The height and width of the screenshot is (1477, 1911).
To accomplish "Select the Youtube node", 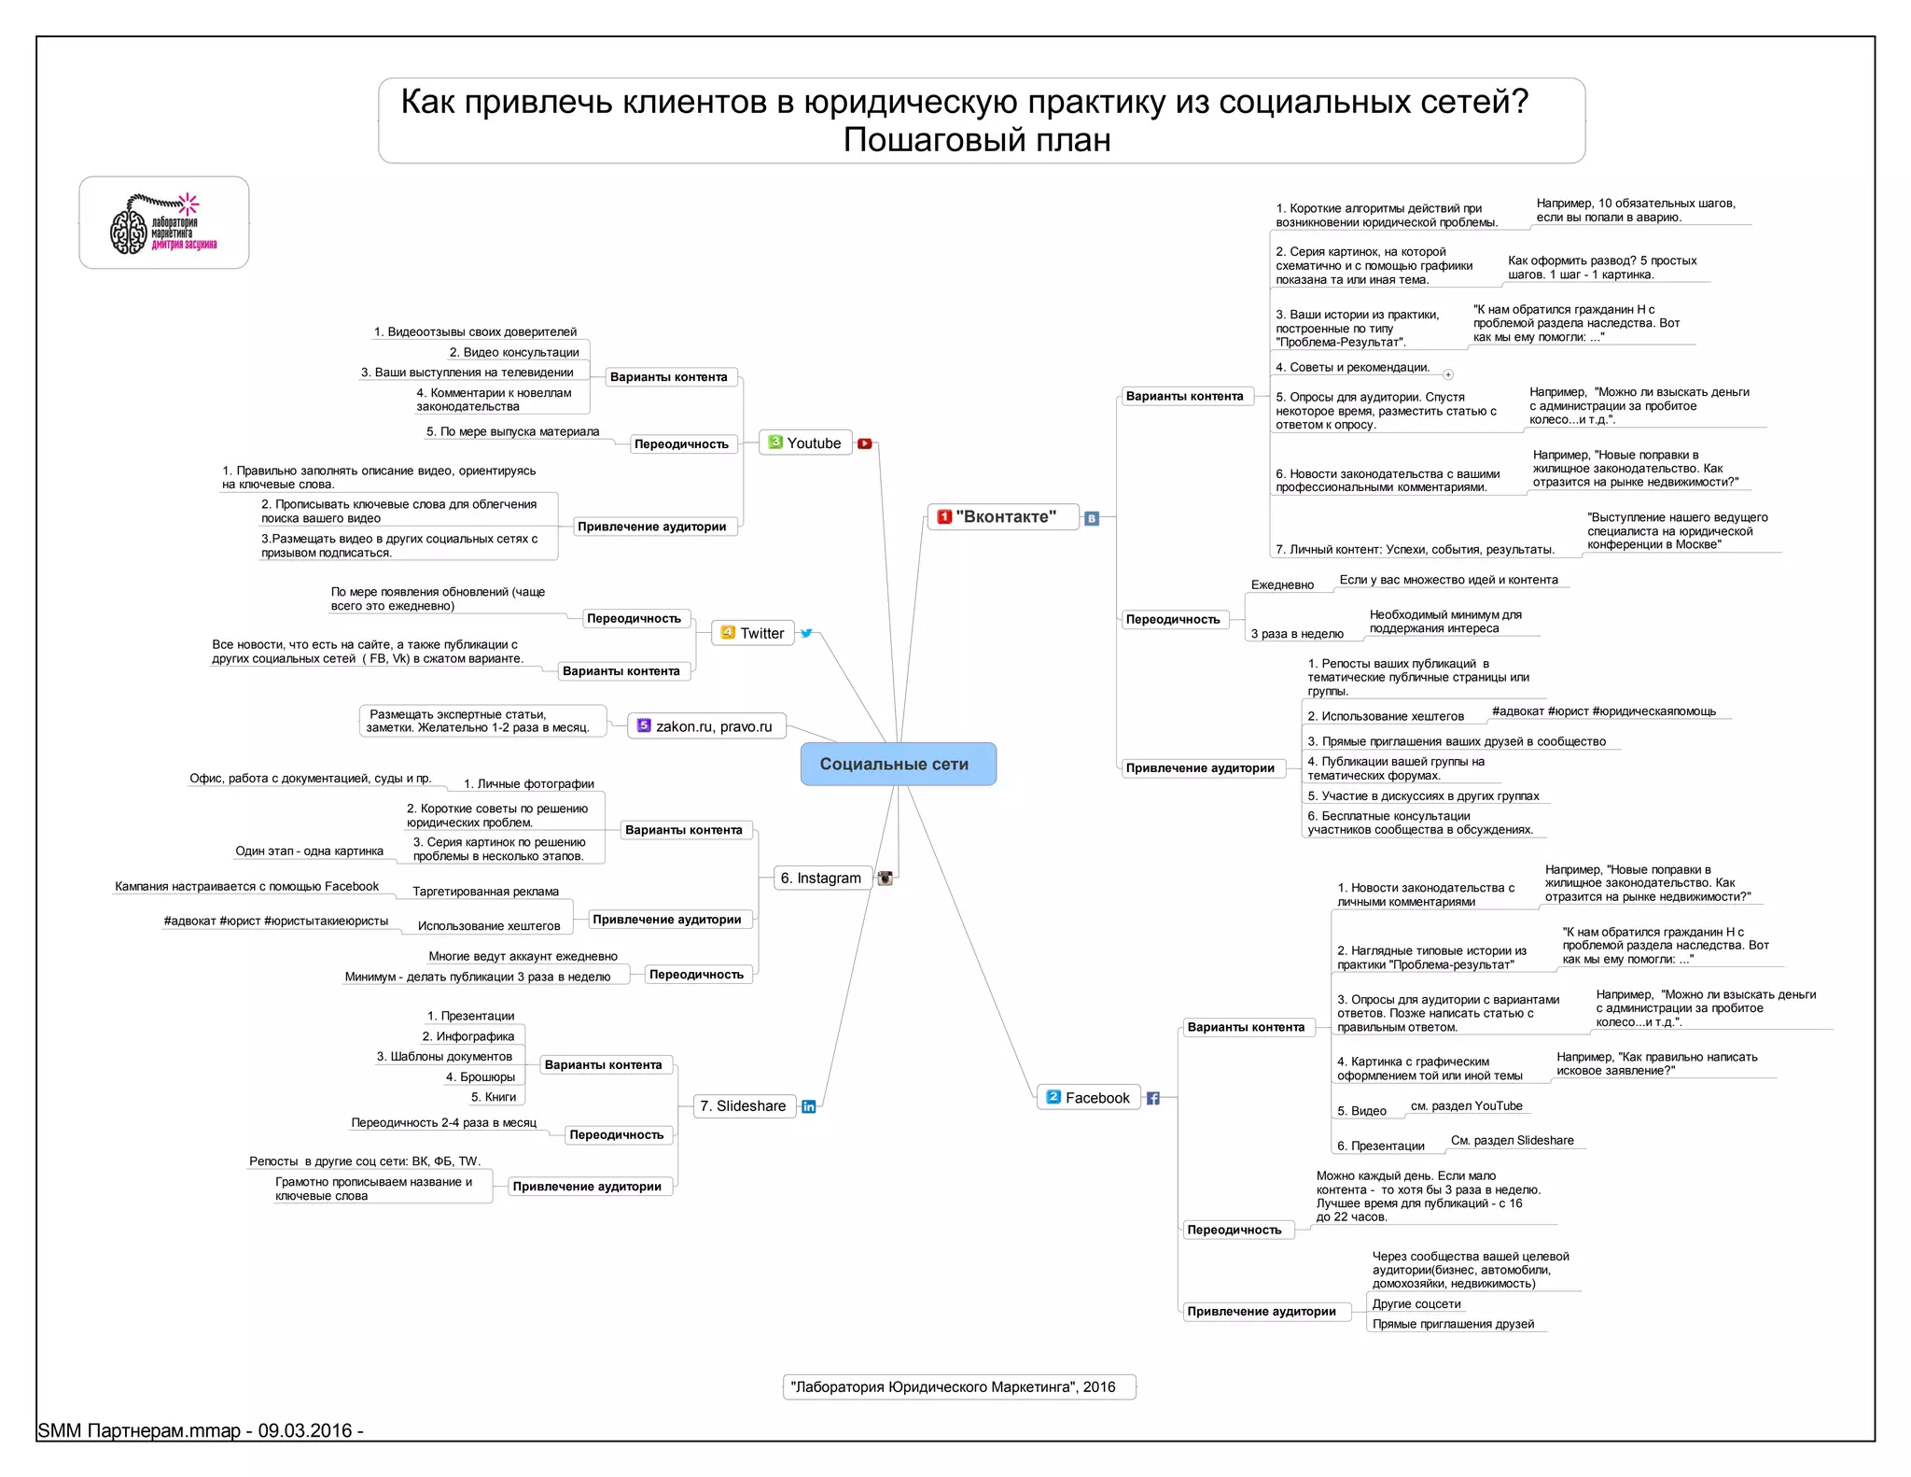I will [805, 443].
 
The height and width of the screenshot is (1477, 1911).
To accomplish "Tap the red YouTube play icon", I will [865, 443].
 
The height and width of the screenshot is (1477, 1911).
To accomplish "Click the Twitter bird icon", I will [806, 633].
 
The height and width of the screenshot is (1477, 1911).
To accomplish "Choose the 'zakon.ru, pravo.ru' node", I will [706, 726].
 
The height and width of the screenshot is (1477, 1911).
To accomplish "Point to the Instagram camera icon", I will [886, 878].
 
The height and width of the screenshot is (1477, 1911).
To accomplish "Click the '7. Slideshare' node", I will [744, 1105].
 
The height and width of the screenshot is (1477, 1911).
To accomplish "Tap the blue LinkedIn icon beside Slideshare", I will [809, 1106].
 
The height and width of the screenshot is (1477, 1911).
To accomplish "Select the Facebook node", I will [1088, 1098].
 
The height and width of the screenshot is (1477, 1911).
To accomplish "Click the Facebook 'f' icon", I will [1153, 1098].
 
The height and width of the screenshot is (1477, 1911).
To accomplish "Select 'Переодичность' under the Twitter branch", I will [634, 618].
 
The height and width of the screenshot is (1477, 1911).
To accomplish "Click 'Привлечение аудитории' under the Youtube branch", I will [651, 527].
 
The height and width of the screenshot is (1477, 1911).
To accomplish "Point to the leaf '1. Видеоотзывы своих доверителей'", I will [475, 331].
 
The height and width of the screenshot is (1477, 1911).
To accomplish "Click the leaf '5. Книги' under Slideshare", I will [494, 1097].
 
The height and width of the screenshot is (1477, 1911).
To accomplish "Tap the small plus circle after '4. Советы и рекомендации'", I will [1448, 374].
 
